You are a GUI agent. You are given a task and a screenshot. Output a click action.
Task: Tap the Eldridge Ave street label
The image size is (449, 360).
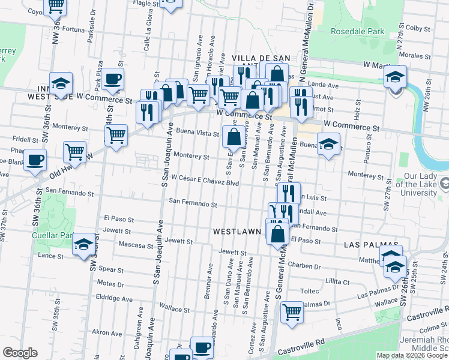(114, 298)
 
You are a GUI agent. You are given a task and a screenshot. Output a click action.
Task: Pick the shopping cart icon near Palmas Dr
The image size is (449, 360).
(292, 311)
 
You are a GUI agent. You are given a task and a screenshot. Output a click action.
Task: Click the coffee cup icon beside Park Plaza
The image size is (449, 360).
(112, 79)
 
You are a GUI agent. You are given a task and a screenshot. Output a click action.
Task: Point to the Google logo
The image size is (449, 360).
(20, 353)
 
